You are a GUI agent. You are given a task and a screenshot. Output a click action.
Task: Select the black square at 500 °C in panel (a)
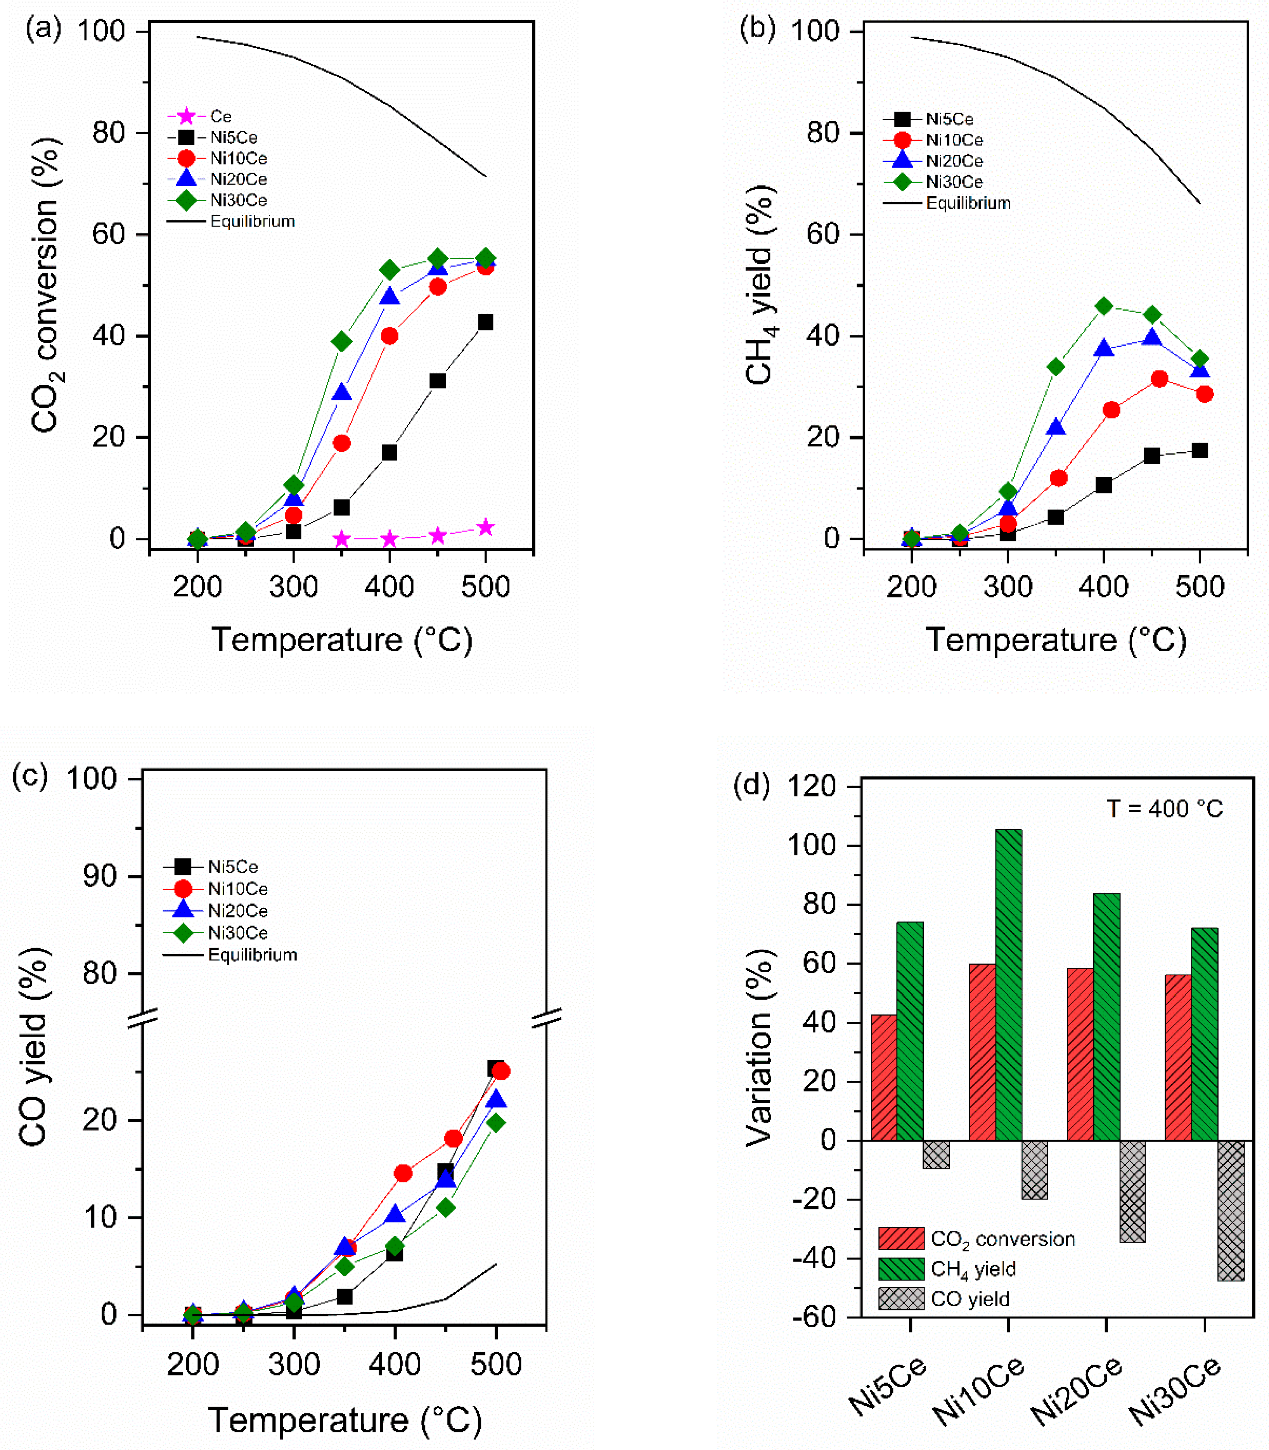485,322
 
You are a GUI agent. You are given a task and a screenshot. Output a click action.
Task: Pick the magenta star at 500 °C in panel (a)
485,528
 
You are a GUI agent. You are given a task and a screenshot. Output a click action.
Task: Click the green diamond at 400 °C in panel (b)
1103,306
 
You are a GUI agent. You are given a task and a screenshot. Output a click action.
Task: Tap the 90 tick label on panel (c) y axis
99,877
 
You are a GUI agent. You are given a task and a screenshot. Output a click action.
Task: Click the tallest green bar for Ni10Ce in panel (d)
1008,984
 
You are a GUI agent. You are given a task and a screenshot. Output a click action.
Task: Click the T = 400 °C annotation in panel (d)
1165,808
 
